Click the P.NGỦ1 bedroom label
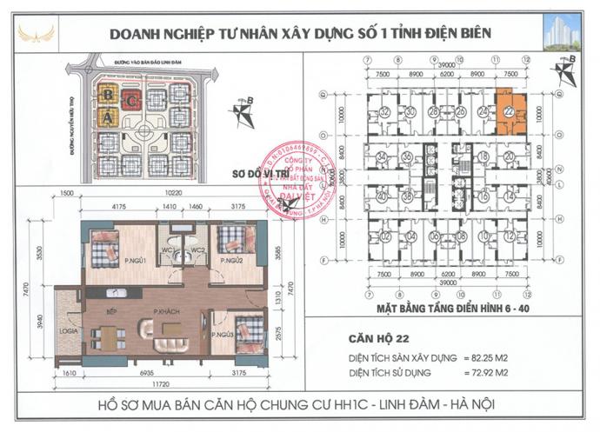pos(134,258)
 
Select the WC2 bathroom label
pos(197,250)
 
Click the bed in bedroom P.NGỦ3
pos(246,330)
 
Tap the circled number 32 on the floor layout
pos(384,112)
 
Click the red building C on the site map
pos(131,98)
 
